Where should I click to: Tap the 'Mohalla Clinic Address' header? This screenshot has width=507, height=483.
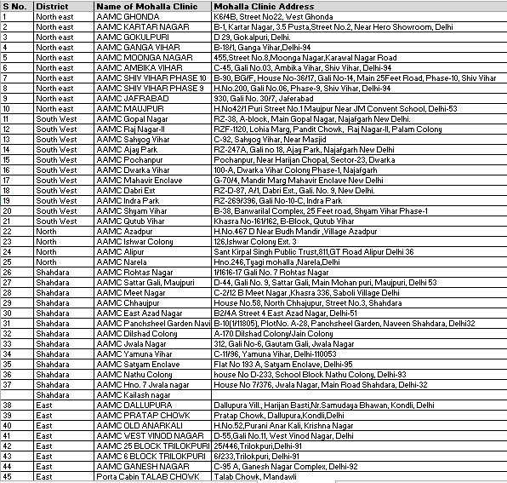pos(262,7)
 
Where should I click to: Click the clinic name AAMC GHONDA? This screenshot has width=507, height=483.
pos(128,16)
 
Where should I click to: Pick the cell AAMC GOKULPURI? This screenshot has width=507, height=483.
pos(133,37)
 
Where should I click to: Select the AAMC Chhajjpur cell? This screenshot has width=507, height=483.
pos(129,302)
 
